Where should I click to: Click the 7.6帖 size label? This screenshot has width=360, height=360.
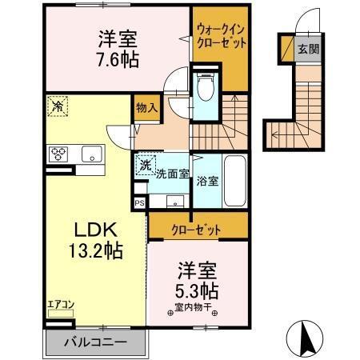(117, 60)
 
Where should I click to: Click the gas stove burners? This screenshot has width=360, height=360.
(58, 154)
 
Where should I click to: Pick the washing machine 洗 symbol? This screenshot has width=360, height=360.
(145, 166)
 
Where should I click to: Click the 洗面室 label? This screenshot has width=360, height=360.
(171, 173)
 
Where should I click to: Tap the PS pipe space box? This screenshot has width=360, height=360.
(139, 203)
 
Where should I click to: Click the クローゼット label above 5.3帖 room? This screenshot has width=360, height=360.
(196, 230)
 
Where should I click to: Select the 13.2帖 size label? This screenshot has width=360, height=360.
(94, 252)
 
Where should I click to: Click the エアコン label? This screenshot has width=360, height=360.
(60, 302)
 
